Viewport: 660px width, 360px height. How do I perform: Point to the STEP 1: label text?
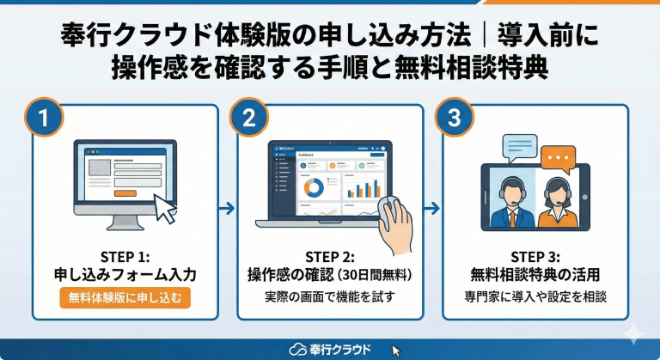125,257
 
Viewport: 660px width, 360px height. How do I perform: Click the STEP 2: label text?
330,257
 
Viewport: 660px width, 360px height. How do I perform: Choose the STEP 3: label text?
535,257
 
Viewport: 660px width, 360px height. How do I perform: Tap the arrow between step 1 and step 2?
227,207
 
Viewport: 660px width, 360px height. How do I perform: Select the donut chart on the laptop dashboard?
315,186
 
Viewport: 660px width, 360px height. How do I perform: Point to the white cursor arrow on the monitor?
164,206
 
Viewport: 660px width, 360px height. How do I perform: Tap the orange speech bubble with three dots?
558,158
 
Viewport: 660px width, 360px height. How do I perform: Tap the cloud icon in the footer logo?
297,349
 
